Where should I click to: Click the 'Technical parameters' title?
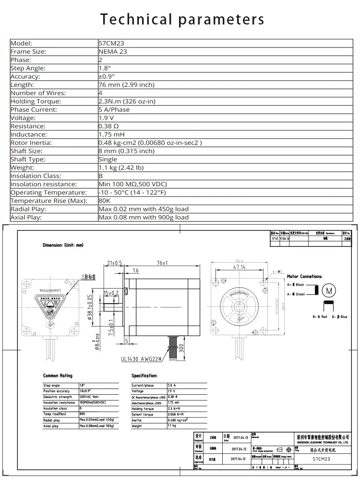click(x=182, y=19)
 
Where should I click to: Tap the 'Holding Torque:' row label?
click(x=36, y=101)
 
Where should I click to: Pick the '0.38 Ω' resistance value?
click(x=109, y=126)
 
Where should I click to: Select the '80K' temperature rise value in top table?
click(x=104, y=201)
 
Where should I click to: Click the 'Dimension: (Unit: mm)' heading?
click(x=63, y=245)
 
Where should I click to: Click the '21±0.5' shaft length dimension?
click(x=114, y=263)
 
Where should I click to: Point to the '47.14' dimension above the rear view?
click(x=239, y=267)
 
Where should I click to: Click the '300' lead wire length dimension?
click(x=181, y=346)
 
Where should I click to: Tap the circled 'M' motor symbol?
click(x=329, y=291)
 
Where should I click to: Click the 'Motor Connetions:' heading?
click(x=304, y=277)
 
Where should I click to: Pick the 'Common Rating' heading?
click(x=58, y=376)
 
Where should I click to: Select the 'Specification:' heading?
click(x=144, y=376)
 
